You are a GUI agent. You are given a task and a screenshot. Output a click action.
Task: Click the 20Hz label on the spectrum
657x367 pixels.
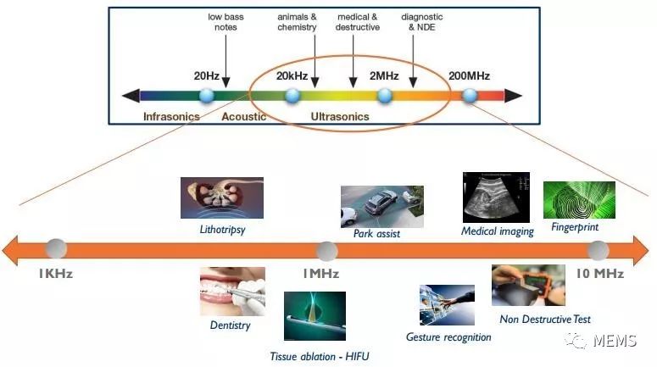coord(207,75)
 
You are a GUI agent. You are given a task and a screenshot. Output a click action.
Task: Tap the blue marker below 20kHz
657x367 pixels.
coord(292,95)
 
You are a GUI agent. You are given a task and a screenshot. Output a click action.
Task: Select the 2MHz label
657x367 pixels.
coord(384,75)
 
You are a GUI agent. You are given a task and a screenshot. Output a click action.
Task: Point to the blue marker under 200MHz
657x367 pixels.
coord(470,95)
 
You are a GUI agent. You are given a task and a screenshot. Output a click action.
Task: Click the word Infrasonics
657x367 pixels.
coord(171,116)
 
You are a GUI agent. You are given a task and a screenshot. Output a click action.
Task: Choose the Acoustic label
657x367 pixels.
coord(244,116)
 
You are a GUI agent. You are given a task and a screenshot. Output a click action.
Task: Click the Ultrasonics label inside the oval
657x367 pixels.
coord(340,116)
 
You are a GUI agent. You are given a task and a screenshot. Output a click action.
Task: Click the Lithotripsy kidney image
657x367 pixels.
coord(222,197)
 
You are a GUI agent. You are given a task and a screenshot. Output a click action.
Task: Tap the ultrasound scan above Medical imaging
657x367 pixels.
coord(496,197)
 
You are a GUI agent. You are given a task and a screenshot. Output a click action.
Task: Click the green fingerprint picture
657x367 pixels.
coord(578,200)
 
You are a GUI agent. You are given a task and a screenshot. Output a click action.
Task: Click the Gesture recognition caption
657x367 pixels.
coord(448,336)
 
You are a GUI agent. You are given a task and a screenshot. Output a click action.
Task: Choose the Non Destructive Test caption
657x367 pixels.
coord(545,319)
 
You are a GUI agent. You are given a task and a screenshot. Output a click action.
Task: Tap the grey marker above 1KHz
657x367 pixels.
coord(56,249)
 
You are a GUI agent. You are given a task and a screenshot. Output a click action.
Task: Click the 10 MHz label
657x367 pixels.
coord(599,273)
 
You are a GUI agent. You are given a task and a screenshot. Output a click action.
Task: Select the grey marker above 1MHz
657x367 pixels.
coord(326,250)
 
